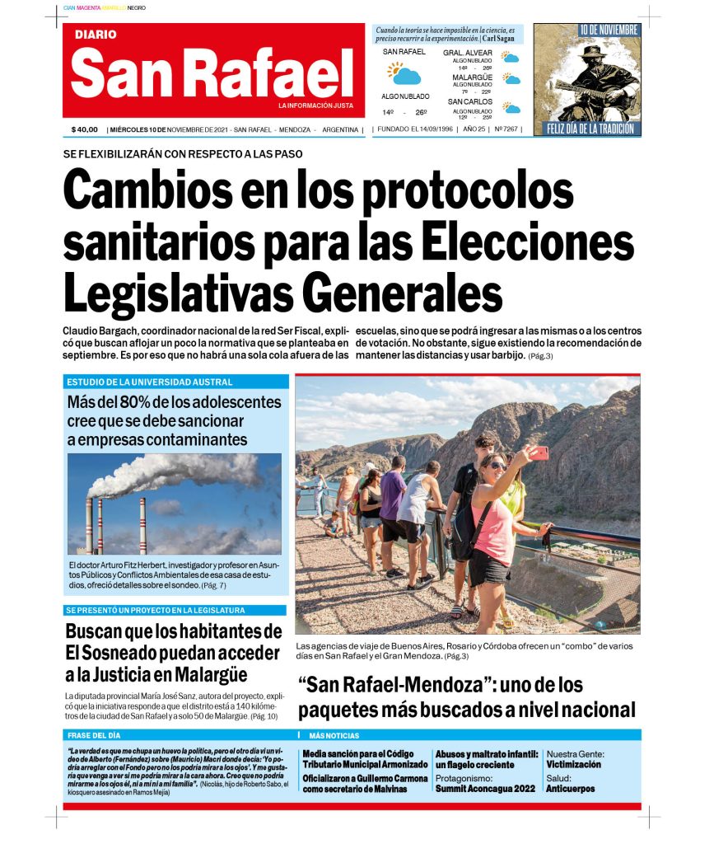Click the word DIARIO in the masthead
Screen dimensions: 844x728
(96, 35)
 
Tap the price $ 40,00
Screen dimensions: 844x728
(85, 129)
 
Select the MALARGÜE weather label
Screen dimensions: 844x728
(472, 77)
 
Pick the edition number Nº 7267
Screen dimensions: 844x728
(506, 129)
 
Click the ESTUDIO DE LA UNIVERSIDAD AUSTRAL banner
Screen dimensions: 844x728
(149, 382)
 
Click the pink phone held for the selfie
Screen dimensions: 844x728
(539, 452)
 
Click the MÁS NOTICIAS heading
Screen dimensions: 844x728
(334, 735)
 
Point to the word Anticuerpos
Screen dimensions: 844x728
(570, 789)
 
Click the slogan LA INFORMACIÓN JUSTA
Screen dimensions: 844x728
(315, 105)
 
